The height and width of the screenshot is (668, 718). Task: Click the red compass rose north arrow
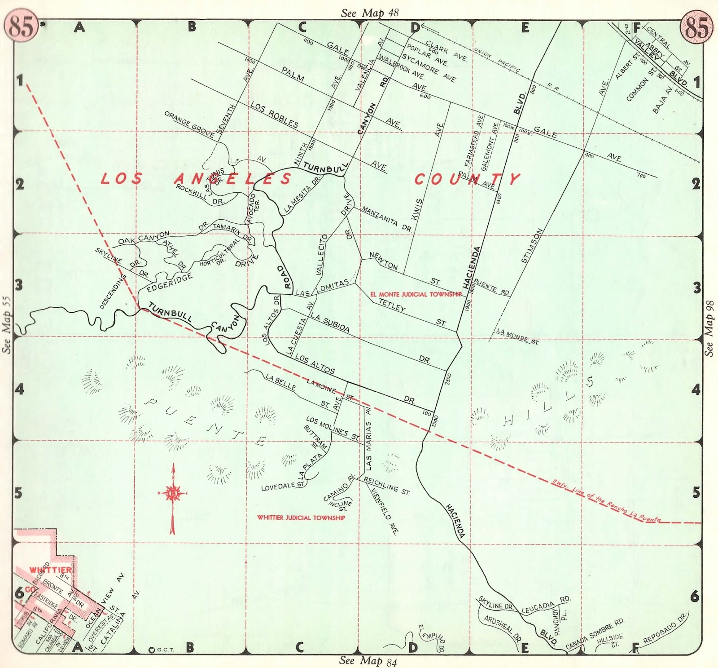pyautogui.click(x=173, y=494)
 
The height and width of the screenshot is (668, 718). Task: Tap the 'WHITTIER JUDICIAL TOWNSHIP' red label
pyautogui.click(x=301, y=518)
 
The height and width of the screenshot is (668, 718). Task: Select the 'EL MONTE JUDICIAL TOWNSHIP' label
pyautogui.click(x=416, y=294)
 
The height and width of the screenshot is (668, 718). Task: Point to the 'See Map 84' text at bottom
pyautogui.click(x=368, y=661)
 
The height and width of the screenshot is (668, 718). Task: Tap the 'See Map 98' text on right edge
pyautogui.click(x=709, y=328)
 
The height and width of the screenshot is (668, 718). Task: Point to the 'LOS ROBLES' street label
pyautogui.click(x=274, y=115)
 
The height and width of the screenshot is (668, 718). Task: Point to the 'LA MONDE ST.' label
pyautogui.click(x=517, y=336)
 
